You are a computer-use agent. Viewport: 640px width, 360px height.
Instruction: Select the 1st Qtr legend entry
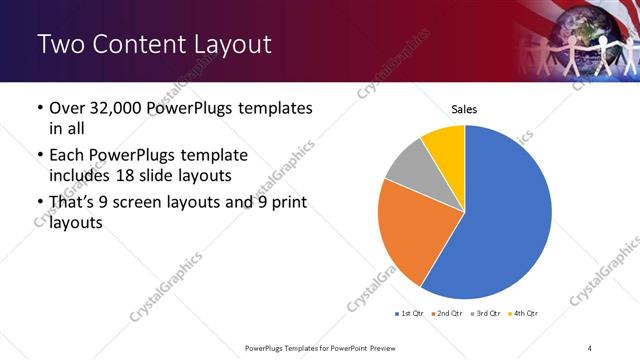(x=411, y=314)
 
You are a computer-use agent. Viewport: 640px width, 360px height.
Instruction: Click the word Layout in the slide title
(x=225, y=45)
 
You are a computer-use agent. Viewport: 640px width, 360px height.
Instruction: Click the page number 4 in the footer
(x=590, y=347)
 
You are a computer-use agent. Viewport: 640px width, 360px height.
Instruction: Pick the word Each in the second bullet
(x=67, y=156)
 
